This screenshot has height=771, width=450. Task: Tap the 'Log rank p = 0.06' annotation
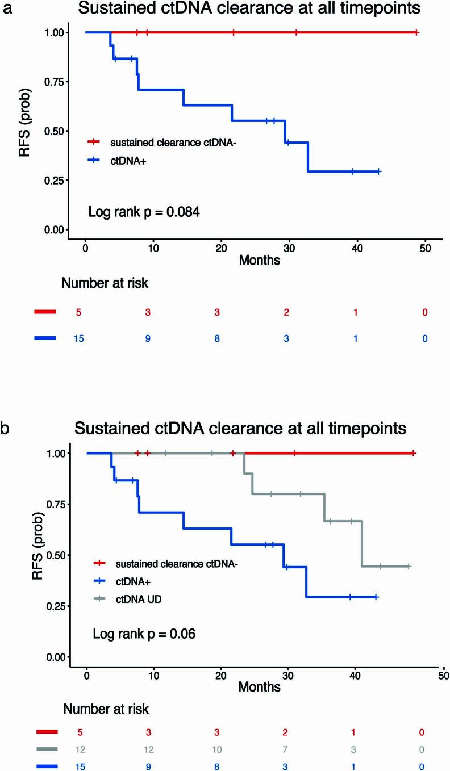point(144,634)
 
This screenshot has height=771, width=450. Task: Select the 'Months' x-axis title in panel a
point(259,261)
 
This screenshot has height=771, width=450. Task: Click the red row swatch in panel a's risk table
point(45,312)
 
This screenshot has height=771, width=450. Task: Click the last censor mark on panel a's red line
point(416,32)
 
